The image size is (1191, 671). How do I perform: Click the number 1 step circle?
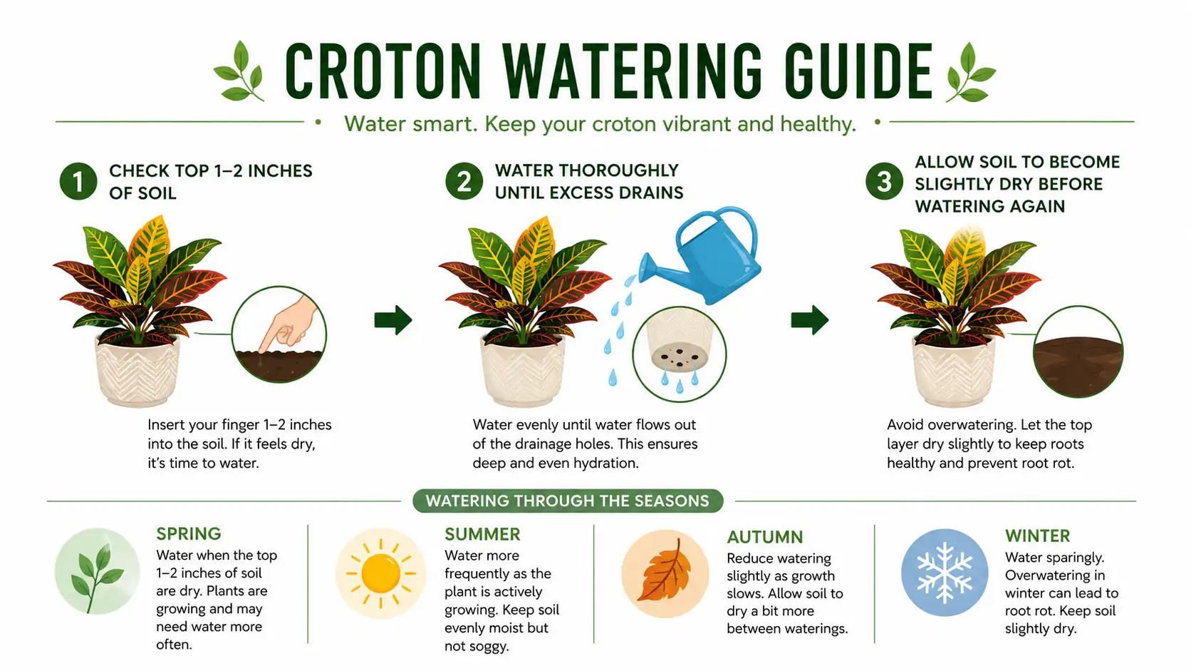click(78, 181)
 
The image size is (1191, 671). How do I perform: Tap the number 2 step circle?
click(464, 181)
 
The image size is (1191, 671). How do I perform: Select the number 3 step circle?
click(884, 181)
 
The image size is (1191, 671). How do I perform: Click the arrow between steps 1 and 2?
click(393, 319)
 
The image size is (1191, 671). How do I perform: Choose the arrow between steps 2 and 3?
click(810, 319)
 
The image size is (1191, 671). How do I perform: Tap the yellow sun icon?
click(380, 573)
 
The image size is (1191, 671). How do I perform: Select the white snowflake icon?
click(945, 573)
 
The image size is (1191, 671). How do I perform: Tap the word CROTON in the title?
click(383, 71)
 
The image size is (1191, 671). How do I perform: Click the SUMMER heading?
click(482, 533)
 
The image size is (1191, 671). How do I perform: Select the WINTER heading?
click(1037, 536)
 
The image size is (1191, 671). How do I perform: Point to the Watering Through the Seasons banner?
click(568, 501)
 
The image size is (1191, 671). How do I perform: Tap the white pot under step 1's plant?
click(137, 370)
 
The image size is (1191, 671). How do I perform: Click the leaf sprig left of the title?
click(239, 71)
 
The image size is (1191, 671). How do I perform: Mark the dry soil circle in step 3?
click(1078, 352)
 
